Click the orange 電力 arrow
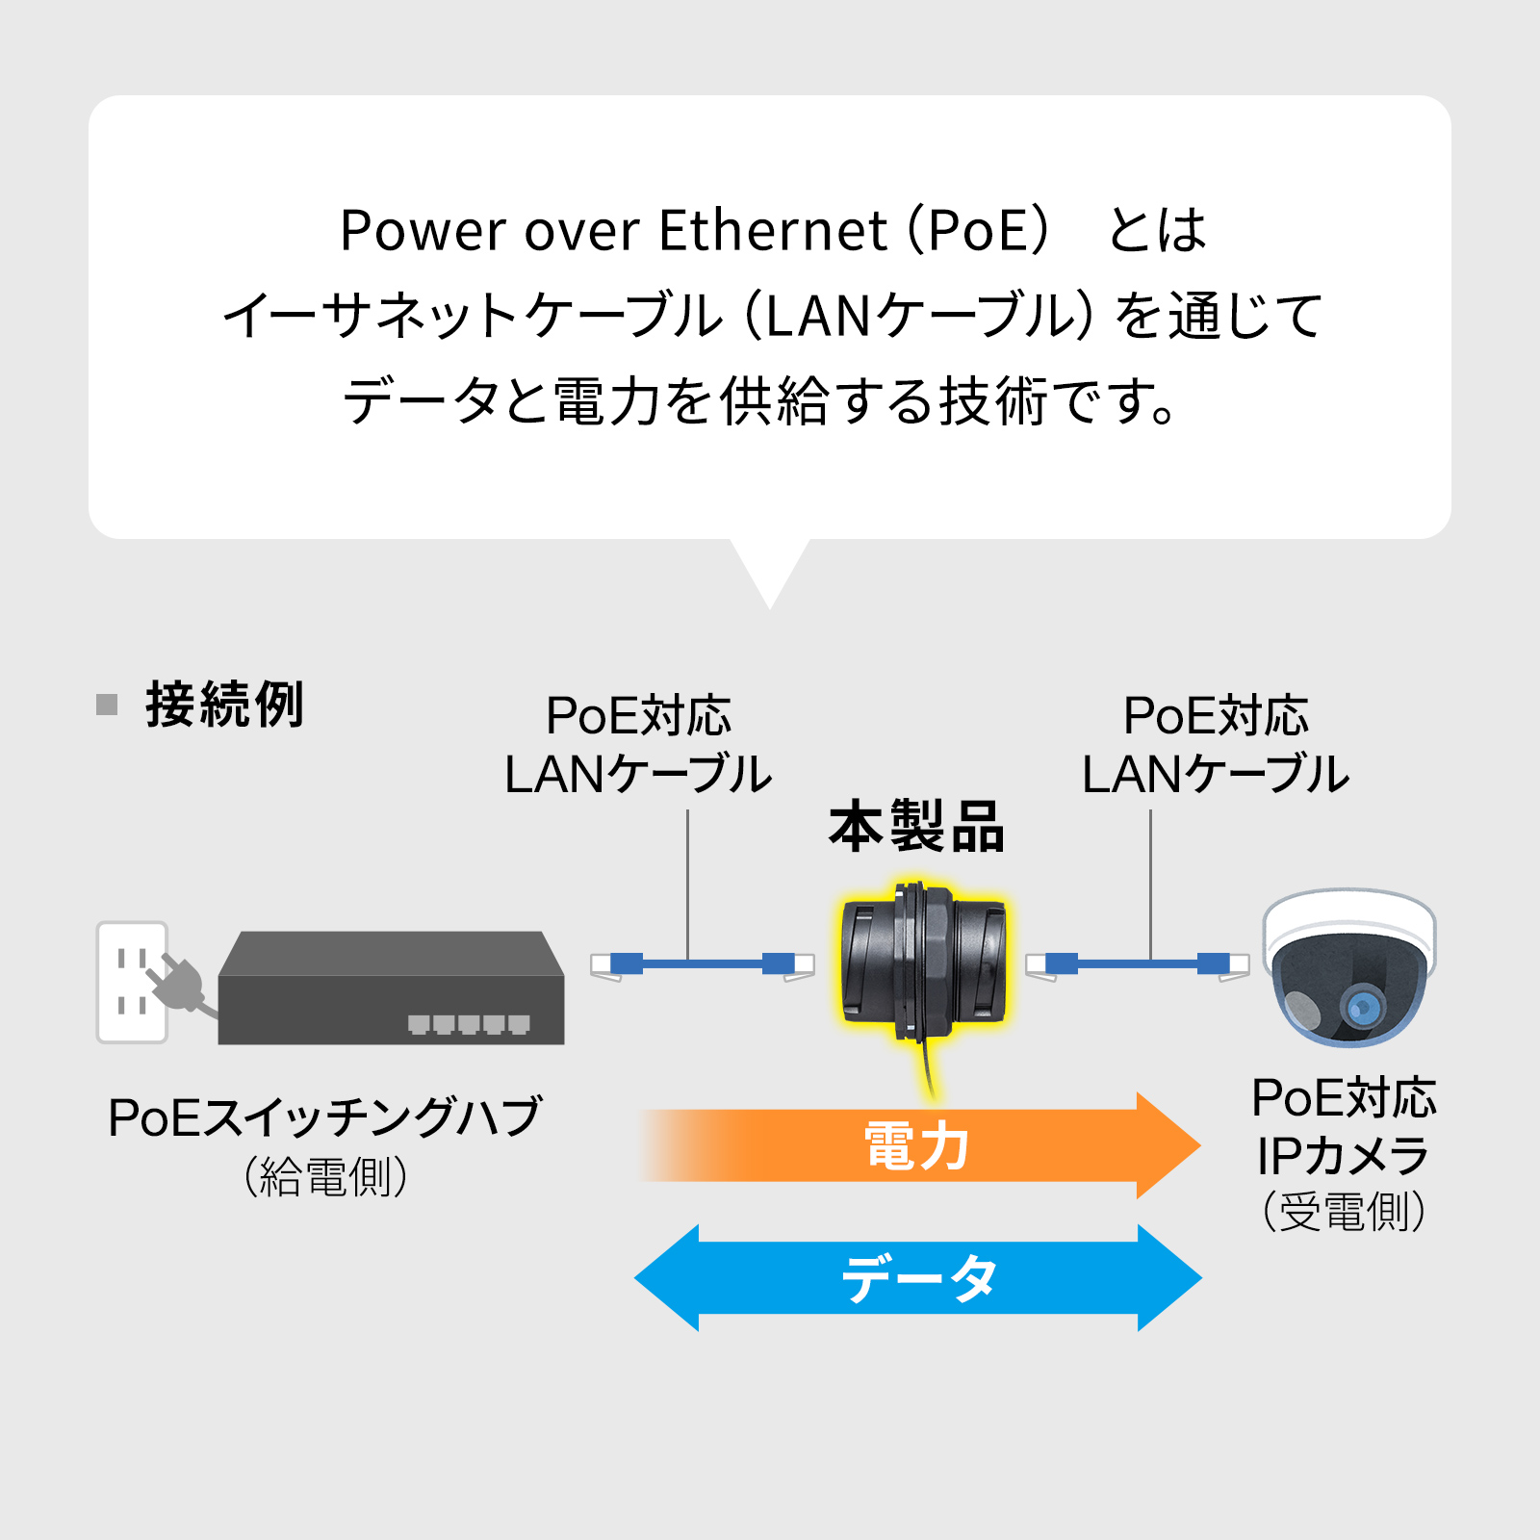[x=914, y=1145]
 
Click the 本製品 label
[x=916, y=827]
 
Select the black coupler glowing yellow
[x=922, y=962]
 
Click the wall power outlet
[x=133, y=982]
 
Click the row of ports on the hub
[x=469, y=1024]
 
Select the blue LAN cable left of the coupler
[x=703, y=962]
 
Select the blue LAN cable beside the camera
[x=1137, y=962]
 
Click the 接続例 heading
[x=224, y=705]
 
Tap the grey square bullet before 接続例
[x=107, y=705]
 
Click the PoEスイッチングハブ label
[x=324, y=1117]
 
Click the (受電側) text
[x=1344, y=1211]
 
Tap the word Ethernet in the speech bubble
[x=773, y=231]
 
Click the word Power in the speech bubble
[x=423, y=231]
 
